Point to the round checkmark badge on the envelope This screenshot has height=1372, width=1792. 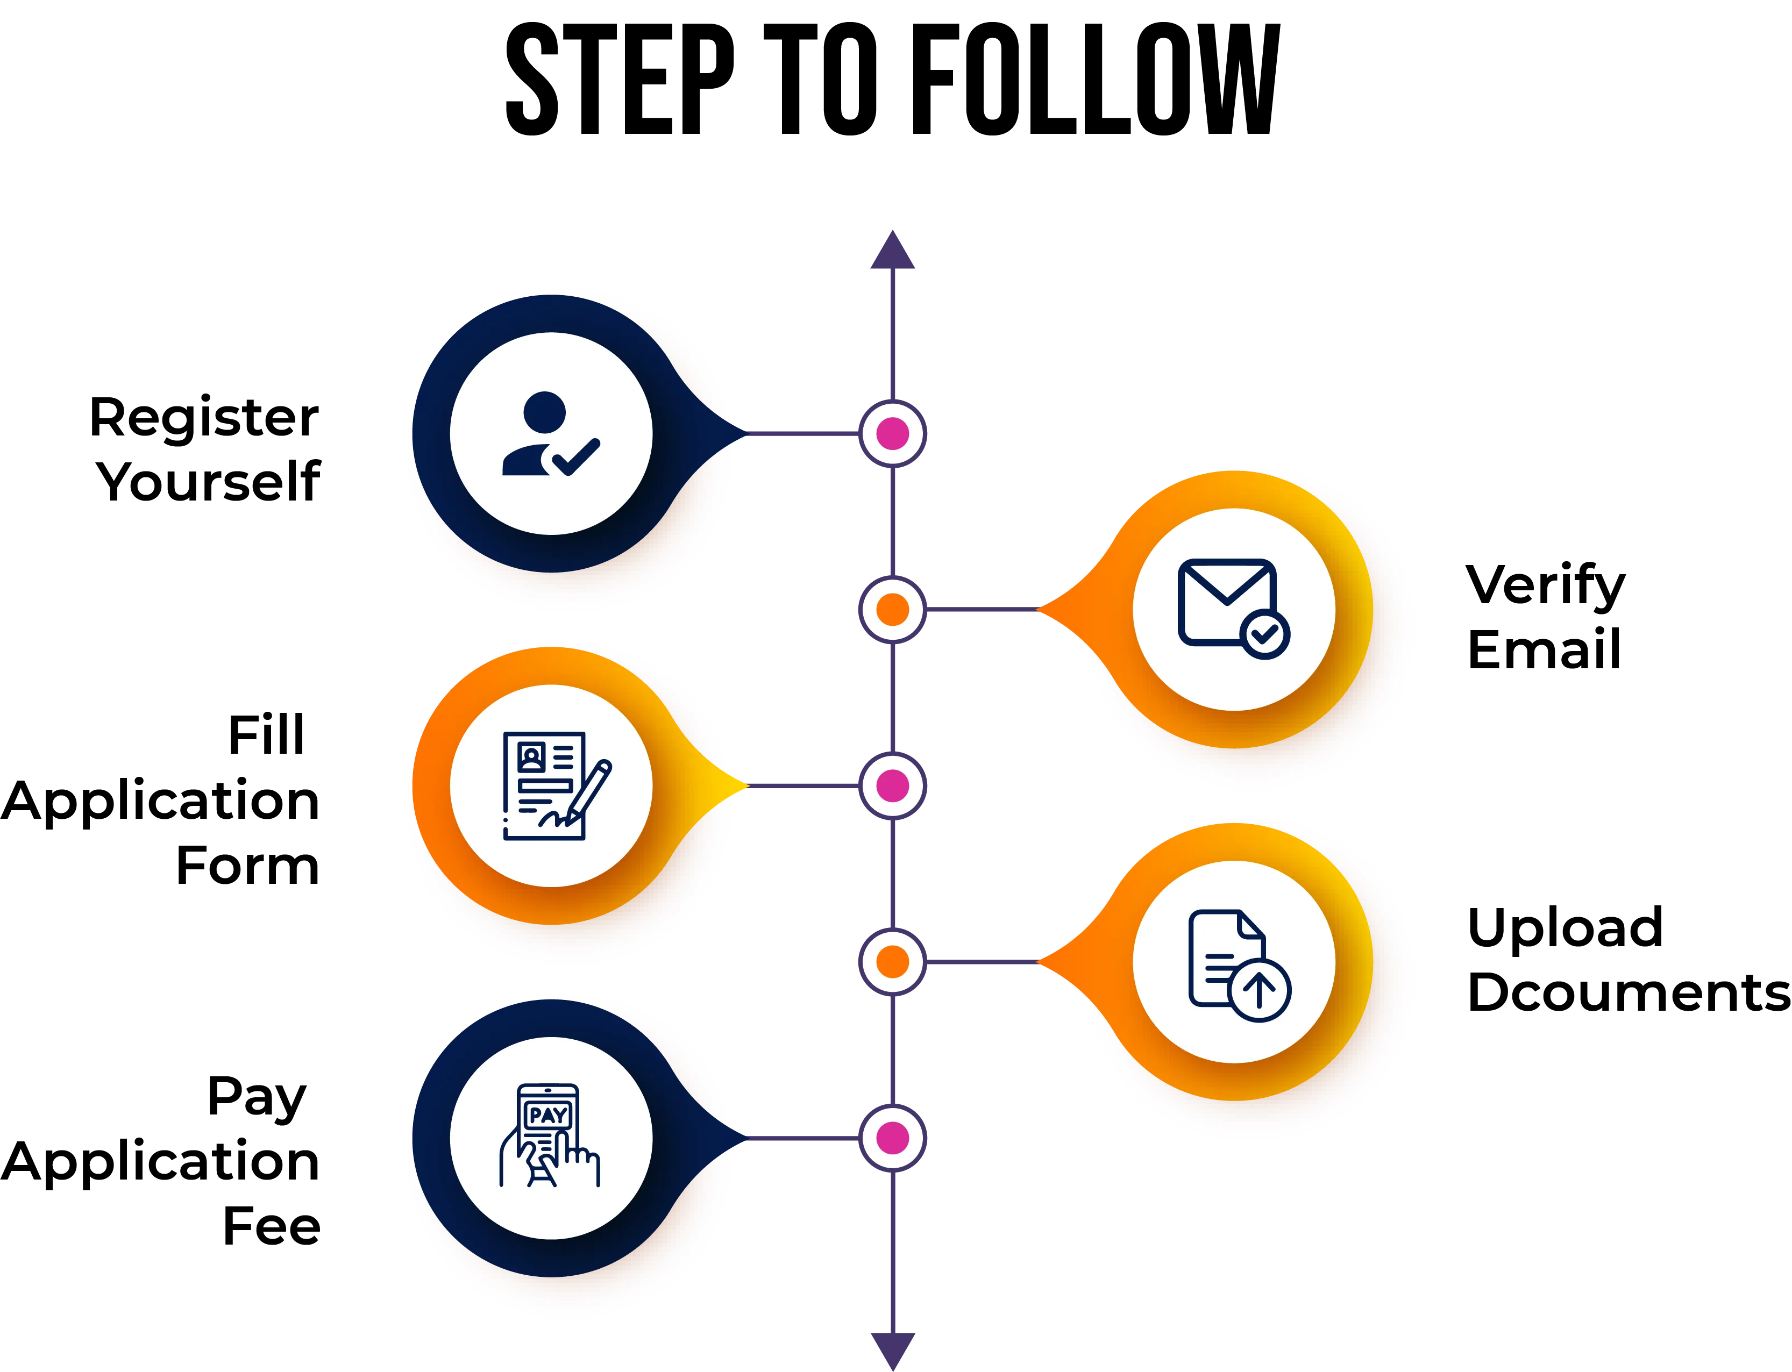[1264, 634]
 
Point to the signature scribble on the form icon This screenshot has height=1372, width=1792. [556, 818]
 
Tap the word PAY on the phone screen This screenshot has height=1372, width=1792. [547, 1115]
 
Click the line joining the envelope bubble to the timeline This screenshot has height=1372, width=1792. [980, 609]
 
